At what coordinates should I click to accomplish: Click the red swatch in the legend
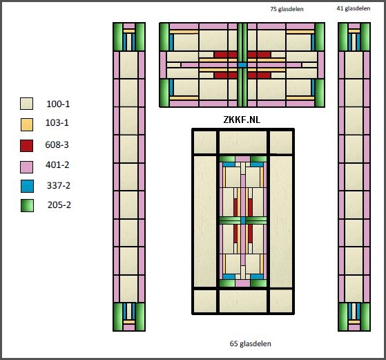click(x=27, y=146)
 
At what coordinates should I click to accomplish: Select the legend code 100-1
click(x=58, y=104)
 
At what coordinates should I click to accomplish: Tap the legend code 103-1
click(x=57, y=122)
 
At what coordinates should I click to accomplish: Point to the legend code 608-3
click(x=57, y=144)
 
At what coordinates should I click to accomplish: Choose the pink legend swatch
click(x=27, y=167)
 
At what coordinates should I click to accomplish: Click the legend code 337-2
click(x=59, y=185)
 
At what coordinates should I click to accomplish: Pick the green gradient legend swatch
click(x=27, y=205)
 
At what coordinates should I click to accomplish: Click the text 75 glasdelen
click(x=287, y=9)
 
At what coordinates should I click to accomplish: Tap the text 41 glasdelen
click(x=354, y=8)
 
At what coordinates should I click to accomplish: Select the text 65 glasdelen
click(x=251, y=343)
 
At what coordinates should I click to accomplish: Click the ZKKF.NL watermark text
click(x=242, y=120)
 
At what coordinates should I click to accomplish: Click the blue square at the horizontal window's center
click(x=242, y=65)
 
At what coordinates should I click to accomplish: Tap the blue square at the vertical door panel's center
click(x=243, y=220)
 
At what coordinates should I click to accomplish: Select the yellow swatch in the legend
click(x=27, y=124)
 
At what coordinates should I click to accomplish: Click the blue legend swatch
click(x=27, y=187)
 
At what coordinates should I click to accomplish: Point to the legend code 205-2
click(x=59, y=205)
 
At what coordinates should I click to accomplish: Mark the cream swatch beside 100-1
click(x=26, y=104)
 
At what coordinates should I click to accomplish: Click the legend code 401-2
click(x=57, y=164)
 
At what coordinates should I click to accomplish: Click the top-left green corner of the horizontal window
click(x=164, y=37)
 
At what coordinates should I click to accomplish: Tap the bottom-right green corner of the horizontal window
click(x=320, y=93)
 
